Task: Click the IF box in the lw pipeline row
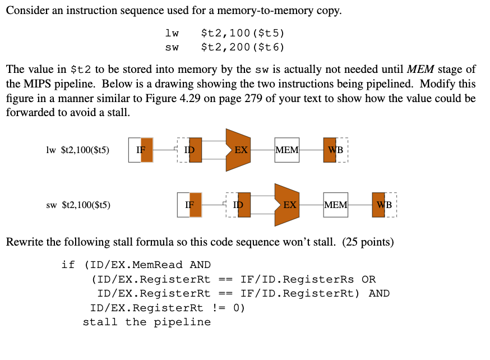coord(141,150)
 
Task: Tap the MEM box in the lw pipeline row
coord(287,150)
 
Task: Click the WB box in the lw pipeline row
coord(335,150)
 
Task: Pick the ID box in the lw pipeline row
coord(189,150)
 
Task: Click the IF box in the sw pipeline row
coord(189,205)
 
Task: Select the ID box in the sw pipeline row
coord(238,205)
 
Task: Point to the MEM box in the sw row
coord(336,205)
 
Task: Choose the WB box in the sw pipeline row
coord(384,205)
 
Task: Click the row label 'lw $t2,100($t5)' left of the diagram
coord(78,150)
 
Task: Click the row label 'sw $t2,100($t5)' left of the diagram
coord(78,205)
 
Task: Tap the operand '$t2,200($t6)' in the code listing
coord(243,47)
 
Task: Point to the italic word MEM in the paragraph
coord(420,70)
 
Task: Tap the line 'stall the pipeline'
coord(147,322)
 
